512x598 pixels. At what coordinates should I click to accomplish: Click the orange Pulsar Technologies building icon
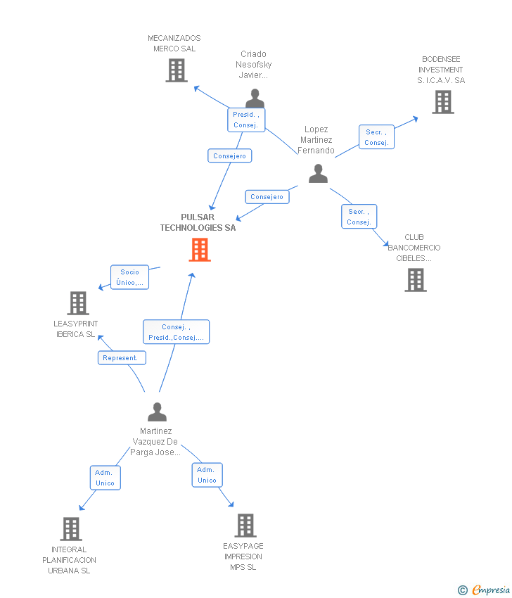coord(200,249)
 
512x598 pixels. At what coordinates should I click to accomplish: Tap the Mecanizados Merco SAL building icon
coord(177,70)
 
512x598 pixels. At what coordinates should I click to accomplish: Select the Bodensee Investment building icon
coord(442,102)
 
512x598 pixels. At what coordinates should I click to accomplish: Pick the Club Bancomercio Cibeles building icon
coord(416,280)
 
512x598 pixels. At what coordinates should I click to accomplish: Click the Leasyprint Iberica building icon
coord(78,303)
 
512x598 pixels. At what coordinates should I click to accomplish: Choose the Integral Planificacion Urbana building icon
coord(71,528)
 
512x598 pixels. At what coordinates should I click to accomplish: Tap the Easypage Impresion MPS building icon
coord(245,525)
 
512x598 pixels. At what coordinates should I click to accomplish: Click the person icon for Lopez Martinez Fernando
coord(318,173)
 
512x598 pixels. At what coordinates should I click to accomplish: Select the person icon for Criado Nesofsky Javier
coord(255,98)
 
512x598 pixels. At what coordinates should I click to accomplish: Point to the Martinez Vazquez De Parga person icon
coord(157,412)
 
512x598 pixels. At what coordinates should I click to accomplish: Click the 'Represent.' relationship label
coord(122,358)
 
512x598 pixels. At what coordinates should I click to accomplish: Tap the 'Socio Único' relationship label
coord(129,277)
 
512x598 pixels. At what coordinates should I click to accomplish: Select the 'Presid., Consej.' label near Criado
coord(246,120)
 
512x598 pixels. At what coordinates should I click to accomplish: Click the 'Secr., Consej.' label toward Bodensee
coord(376,137)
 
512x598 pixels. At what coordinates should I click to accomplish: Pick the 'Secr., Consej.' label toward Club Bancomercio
coord(359,217)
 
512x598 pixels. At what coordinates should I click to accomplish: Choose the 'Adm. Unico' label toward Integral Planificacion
coord(105,478)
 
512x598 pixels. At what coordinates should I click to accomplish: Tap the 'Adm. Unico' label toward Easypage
coord(207,475)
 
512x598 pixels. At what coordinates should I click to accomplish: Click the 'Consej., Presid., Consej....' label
coord(176,332)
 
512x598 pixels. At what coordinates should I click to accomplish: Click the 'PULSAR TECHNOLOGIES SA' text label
coord(198,222)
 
